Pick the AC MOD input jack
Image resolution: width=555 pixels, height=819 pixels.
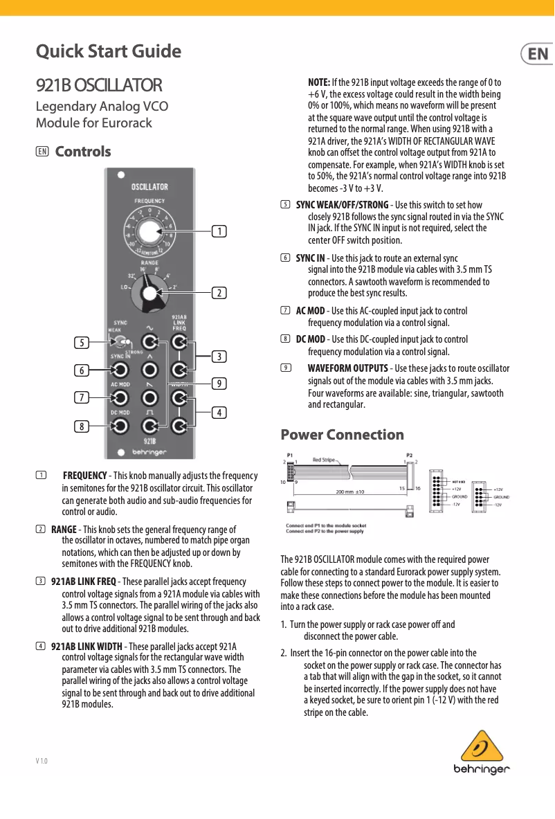[120, 397]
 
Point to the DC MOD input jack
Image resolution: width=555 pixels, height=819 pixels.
[120, 426]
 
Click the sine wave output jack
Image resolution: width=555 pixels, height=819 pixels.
[149, 342]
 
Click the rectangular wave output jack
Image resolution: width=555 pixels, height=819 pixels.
[149, 426]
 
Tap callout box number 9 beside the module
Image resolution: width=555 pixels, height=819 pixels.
[219, 383]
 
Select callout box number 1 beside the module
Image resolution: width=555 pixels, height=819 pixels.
[219, 230]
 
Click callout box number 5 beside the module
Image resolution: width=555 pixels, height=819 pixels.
[82, 342]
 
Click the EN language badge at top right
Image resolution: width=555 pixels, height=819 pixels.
[537, 54]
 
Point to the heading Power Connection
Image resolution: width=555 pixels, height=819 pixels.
[342, 435]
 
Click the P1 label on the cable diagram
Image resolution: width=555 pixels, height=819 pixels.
[290, 456]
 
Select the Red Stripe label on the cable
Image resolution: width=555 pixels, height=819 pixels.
[323, 460]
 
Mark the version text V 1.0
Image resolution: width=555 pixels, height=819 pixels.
[42, 762]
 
